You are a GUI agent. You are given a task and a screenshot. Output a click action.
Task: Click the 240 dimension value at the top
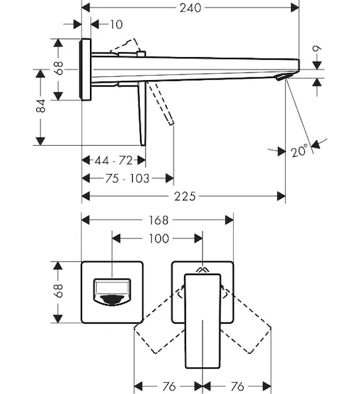191,8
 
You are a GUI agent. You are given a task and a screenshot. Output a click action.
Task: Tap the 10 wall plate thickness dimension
116,25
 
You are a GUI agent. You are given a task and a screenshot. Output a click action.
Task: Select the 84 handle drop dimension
41,106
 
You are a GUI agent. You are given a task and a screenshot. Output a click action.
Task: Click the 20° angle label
299,151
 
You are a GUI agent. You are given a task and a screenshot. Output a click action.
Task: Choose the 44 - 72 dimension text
114,160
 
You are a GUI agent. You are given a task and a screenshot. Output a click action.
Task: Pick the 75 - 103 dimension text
127,179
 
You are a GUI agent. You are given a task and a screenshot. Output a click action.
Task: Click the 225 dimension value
185,196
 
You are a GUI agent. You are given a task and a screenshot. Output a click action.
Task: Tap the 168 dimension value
158,221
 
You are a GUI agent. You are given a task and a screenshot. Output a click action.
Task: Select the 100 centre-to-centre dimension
159,238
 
